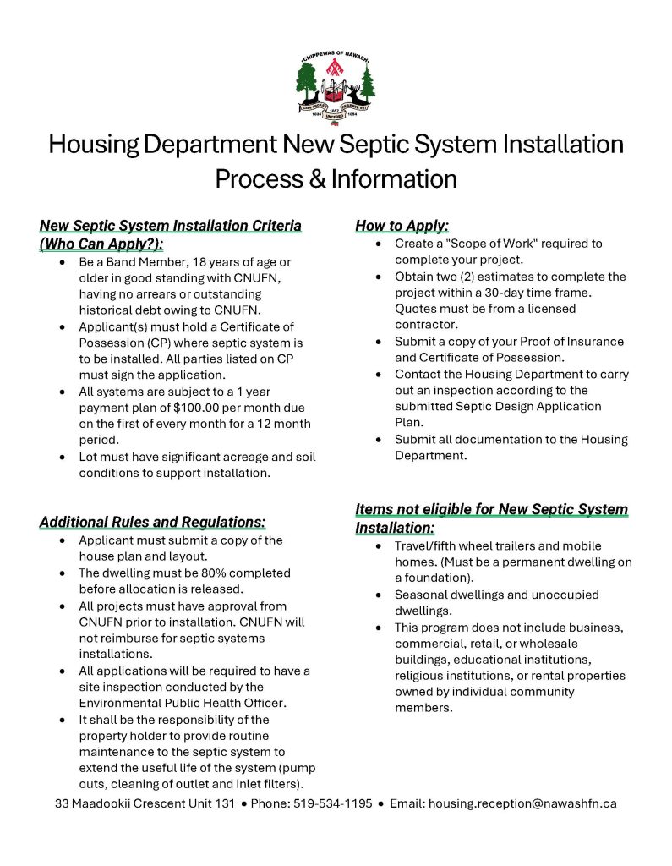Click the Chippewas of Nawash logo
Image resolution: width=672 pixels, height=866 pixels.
click(x=336, y=85)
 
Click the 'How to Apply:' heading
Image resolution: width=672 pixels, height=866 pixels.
click(x=402, y=226)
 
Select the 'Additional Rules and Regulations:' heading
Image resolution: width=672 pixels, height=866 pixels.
click(x=152, y=522)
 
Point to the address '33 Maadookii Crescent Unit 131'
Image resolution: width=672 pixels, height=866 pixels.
click(x=145, y=803)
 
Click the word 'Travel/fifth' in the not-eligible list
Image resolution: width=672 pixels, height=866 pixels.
click(x=429, y=545)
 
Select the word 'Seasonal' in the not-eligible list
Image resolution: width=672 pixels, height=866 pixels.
click(x=423, y=595)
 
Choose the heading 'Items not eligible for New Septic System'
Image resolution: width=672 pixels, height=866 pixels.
click(x=491, y=509)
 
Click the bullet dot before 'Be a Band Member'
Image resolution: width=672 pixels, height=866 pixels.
click(x=63, y=262)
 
